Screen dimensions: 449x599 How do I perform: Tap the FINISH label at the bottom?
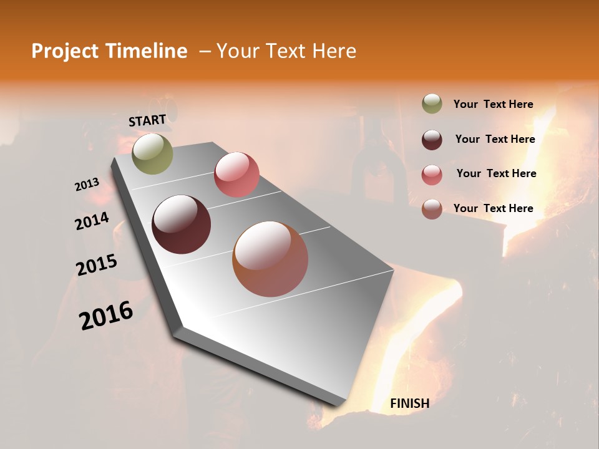pyautogui.click(x=409, y=403)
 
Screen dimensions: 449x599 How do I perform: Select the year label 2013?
pyautogui.click(x=87, y=185)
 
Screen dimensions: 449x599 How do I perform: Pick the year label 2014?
pyautogui.click(x=92, y=221)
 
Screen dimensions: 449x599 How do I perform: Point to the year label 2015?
pyautogui.click(x=96, y=264)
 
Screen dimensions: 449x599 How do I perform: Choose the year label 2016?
pyautogui.click(x=106, y=315)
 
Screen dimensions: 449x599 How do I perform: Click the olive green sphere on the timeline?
pyautogui.click(x=152, y=153)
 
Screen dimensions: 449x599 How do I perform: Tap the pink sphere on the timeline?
pyautogui.click(x=236, y=175)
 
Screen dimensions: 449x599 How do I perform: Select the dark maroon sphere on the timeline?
pyautogui.click(x=181, y=224)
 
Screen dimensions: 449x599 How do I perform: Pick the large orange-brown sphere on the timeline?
pyautogui.click(x=270, y=259)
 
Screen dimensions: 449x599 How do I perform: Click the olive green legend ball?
pyautogui.click(x=432, y=104)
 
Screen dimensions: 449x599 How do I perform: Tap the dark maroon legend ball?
pyautogui.click(x=432, y=140)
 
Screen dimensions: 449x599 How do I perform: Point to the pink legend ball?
pyautogui.click(x=432, y=175)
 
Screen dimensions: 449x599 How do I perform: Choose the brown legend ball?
pyautogui.click(x=432, y=209)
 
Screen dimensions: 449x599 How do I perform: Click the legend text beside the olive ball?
pyautogui.click(x=493, y=104)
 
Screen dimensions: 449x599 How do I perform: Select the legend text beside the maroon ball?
pyautogui.click(x=495, y=139)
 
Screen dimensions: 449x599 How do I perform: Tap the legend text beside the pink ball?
pyautogui.click(x=496, y=173)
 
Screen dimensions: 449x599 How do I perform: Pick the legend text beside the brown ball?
pyautogui.click(x=493, y=208)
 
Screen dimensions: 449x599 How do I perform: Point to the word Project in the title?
pyautogui.click(x=64, y=51)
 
